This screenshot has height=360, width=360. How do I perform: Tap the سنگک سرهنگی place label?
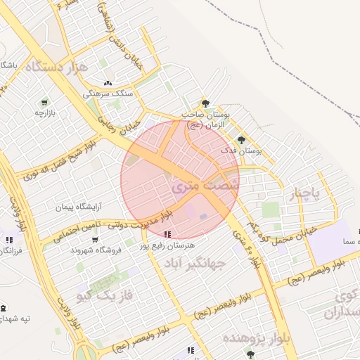click(107, 93)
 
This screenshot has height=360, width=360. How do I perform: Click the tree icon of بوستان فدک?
click(241, 139)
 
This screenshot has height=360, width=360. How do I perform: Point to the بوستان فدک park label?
click(241, 150)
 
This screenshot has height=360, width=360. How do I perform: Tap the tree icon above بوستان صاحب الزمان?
click(205, 103)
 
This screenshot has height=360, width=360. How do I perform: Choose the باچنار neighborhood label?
click(307, 194)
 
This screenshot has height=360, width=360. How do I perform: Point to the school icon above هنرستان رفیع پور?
click(167, 234)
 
